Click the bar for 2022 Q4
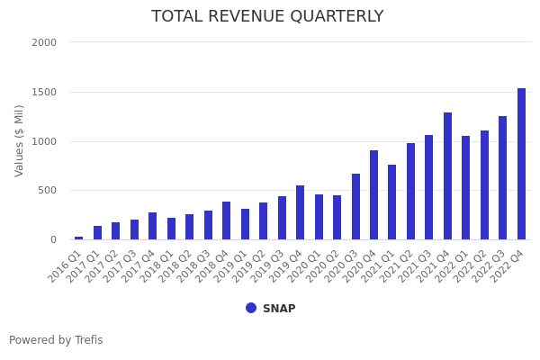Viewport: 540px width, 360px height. point(522,164)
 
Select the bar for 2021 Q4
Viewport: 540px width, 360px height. point(447,176)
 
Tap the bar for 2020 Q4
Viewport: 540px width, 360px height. point(373,195)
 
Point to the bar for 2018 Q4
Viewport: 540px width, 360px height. point(226,220)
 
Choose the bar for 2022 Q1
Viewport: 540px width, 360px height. point(466,188)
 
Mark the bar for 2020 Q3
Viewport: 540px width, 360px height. point(355,207)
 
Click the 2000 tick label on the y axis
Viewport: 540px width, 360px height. point(44,42)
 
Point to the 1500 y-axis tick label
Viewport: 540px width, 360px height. point(44,92)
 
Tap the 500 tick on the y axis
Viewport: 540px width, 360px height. point(47,190)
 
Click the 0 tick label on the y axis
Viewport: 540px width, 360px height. point(52,239)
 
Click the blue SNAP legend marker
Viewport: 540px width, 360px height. point(251,308)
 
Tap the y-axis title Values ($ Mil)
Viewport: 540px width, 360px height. point(20,140)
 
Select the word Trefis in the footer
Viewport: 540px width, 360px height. point(87,340)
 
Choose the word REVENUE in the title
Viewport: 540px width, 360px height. point(240,17)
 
